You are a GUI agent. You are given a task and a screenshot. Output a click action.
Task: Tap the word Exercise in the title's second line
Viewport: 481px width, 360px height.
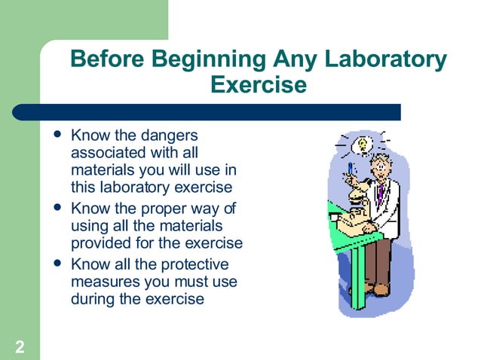259,85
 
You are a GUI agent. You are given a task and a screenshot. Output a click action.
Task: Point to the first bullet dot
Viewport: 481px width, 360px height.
57,136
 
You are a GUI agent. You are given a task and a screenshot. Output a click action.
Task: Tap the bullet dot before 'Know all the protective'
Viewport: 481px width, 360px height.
57,264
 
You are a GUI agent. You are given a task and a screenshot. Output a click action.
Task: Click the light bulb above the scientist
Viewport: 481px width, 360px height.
363,143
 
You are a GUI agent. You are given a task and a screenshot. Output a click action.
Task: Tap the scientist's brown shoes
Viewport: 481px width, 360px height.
381,288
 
